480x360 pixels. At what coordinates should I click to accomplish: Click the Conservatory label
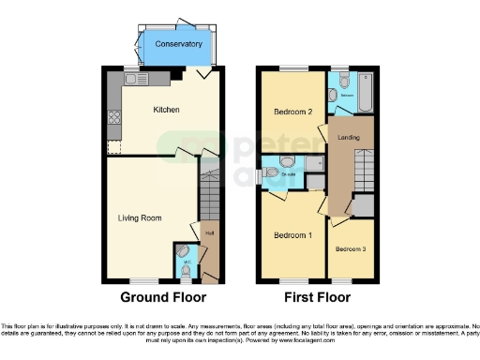pyautogui.click(x=178, y=44)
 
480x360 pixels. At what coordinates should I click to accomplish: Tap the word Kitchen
pyautogui.click(x=167, y=110)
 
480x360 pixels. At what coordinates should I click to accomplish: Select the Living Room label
pyautogui.click(x=139, y=217)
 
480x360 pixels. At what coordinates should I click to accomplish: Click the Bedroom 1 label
pyautogui.click(x=292, y=234)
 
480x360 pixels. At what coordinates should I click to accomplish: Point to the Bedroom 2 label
pyautogui.click(x=292, y=112)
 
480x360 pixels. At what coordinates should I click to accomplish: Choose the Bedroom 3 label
pyautogui.click(x=352, y=248)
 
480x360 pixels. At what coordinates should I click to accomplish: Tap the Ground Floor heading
pyautogui.click(x=163, y=298)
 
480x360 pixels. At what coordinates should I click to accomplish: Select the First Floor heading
pyautogui.click(x=315, y=298)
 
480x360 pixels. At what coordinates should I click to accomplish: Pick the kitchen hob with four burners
pyautogui.click(x=114, y=118)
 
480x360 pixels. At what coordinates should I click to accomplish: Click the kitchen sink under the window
pyautogui.click(x=135, y=80)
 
